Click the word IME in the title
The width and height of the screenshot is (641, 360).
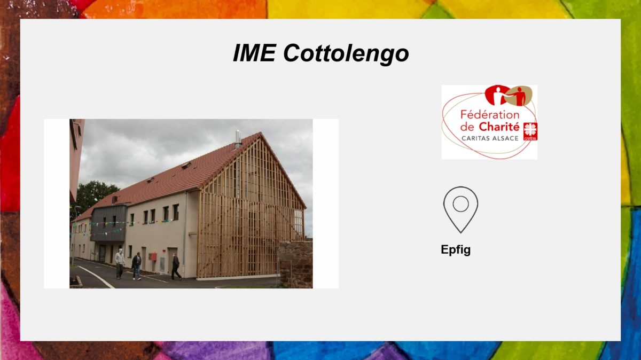(x=254, y=53)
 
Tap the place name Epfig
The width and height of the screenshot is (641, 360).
(x=456, y=250)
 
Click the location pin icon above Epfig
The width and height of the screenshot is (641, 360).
(x=460, y=210)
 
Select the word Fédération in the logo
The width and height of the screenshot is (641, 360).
(x=490, y=115)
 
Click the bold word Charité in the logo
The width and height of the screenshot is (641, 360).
(x=499, y=127)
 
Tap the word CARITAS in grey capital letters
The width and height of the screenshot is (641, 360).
(x=475, y=138)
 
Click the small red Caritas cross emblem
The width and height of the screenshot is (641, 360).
(x=530, y=131)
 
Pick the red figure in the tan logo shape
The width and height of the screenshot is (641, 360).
(x=520, y=97)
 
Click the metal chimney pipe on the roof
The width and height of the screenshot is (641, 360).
(x=238, y=139)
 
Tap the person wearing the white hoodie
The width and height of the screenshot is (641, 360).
(x=120, y=263)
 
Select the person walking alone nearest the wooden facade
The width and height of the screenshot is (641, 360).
(x=175, y=267)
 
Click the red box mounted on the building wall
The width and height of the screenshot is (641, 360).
(x=153, y=257)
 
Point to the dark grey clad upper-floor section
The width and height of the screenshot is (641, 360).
(x=109, y=223)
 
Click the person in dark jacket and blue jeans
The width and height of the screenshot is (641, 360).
(x=137, y=266)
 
